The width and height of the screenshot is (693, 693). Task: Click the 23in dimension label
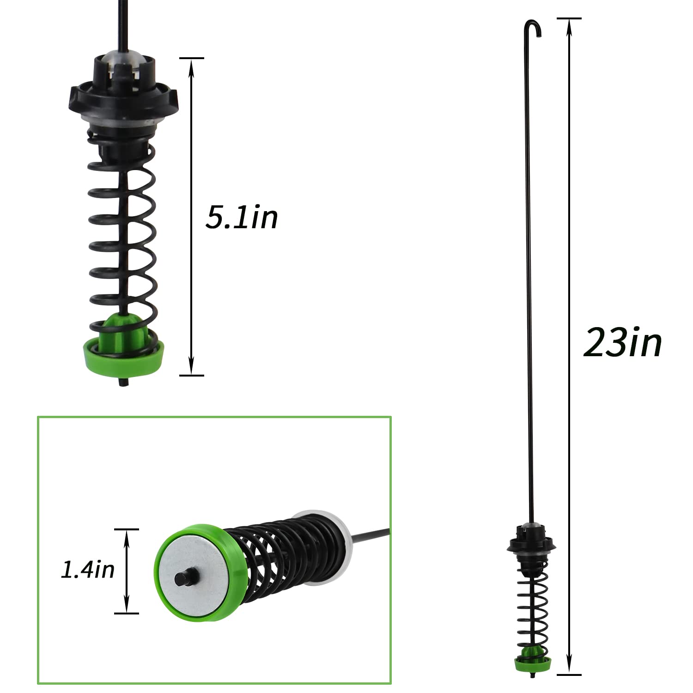(x=622, y=343)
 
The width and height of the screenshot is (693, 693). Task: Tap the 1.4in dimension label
(x=88, y=570)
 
